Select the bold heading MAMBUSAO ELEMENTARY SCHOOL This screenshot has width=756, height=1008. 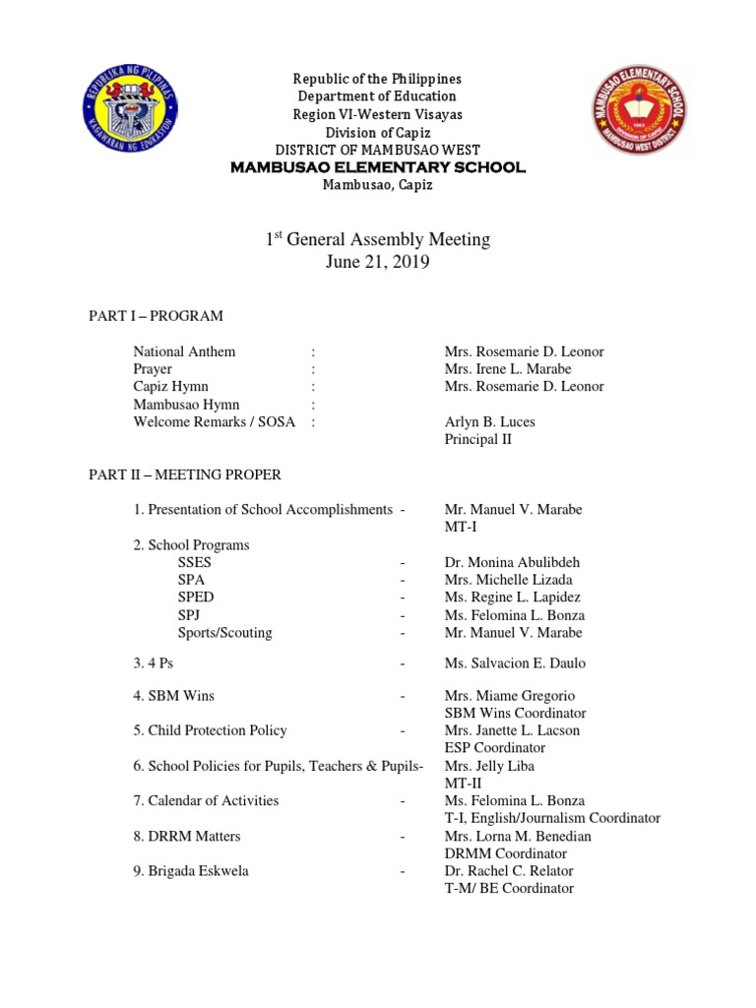click(378, 167)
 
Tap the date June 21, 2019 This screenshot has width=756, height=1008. click(379, 263)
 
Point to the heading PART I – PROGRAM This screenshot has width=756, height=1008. click(157, 316)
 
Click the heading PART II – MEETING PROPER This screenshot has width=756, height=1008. click(186, 474)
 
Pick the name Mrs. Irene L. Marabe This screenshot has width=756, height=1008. click(508, 369)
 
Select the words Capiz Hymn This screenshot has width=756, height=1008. click(170, 387)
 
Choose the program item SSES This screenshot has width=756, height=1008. click(195, 562)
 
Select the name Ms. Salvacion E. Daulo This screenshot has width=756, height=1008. click(514, 664)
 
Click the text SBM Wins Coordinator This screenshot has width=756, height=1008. click(515, 713)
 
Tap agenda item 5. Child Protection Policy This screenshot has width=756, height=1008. click(210, 730)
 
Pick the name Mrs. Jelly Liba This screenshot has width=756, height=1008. click(489, 766)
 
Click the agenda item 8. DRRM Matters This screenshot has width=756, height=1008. click(187, 836)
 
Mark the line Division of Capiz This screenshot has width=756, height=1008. click(379, 132)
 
